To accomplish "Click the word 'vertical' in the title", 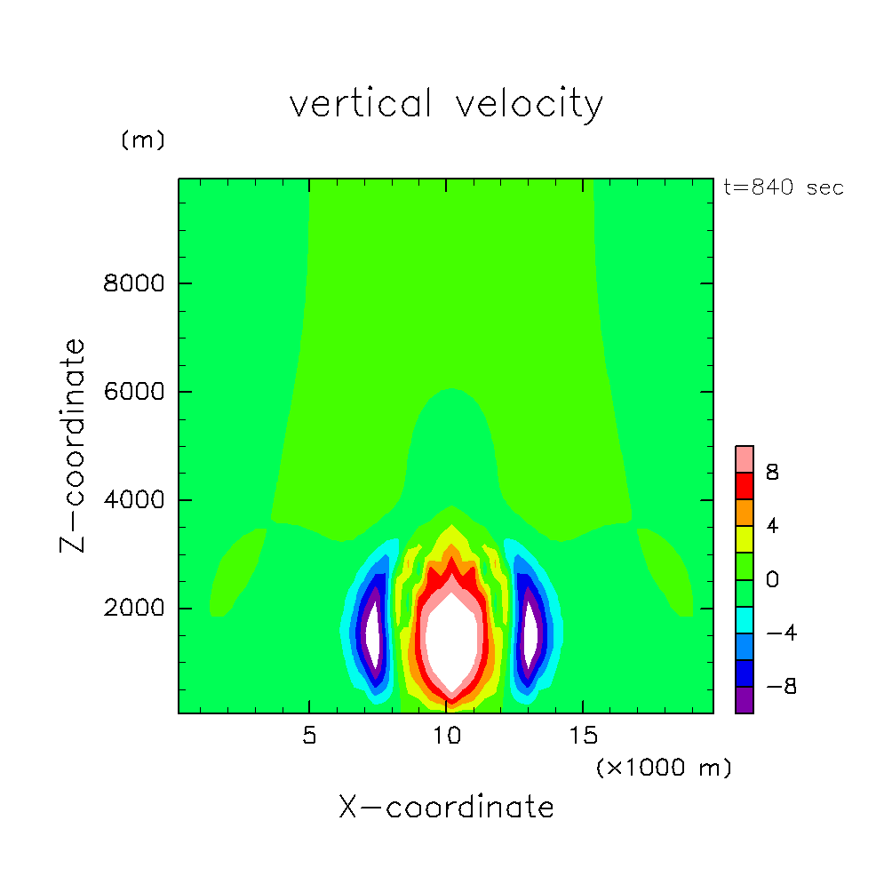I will click(x=361, y=105).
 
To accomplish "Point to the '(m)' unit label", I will click(x=143, y=140).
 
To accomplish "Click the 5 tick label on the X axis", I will click(x=308, y=737).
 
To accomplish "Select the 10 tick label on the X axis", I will click(x=446, y=737).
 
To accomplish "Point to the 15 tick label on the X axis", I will click(x=583, y=737).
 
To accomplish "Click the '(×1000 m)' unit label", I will click(x=664, y=768).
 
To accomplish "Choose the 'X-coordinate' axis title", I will click(x=446, y=808).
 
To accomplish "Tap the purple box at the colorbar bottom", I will click(x=745, y=700).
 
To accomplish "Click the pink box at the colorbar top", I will click(x=745, y=459).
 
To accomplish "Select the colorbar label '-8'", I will click(x=773, y=687).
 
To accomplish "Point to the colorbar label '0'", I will click(x=773, y=580).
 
